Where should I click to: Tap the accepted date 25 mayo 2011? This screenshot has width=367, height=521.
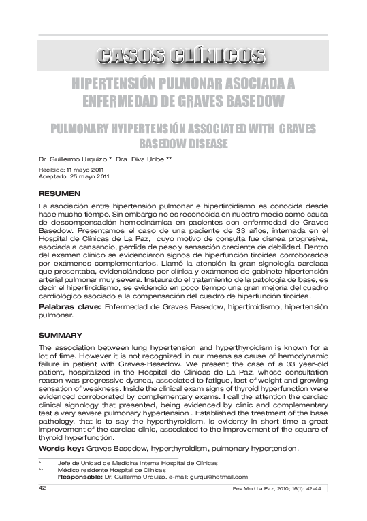pos(86,176)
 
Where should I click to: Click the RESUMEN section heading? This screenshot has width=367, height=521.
pos(60,194)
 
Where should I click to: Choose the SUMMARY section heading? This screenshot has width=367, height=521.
pos(61,336)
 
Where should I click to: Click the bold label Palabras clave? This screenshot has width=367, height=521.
pos(69,308)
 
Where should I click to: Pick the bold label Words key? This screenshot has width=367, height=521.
pos(62,449)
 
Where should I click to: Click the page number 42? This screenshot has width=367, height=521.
pos(42,488)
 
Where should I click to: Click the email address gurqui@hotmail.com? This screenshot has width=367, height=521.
pos(221,477)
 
